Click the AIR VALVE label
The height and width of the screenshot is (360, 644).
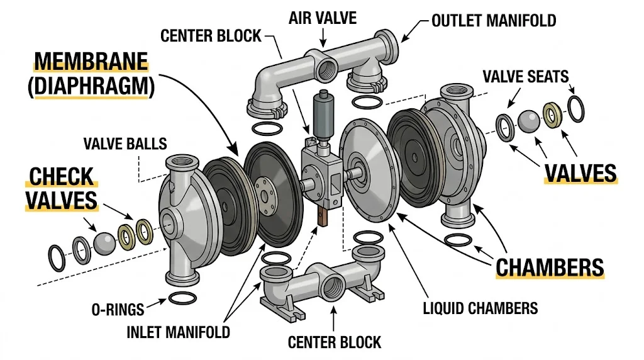pos(323,17)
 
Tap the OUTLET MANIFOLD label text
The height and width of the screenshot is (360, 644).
pos(494,21)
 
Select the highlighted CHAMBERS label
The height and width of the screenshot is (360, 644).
pos(550,266)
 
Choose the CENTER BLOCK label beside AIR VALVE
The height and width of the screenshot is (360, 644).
pos(211,35)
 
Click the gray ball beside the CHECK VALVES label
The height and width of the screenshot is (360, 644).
pos(104,243)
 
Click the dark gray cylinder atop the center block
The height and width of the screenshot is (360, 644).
pos(323,116)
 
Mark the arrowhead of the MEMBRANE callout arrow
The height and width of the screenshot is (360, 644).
pos(237,154)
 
